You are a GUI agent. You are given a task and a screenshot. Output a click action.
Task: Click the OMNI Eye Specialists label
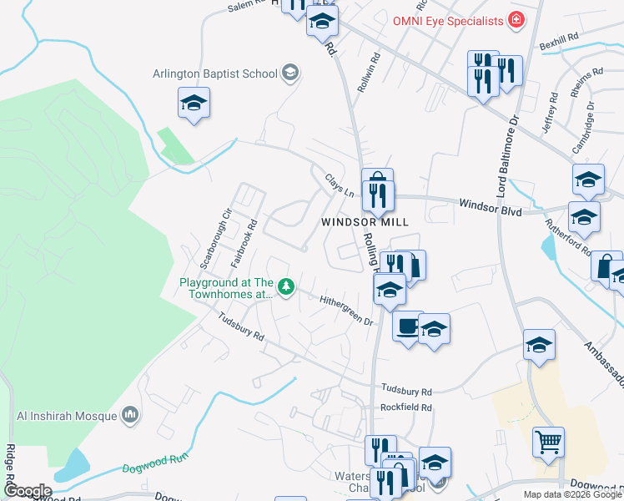[449, 20]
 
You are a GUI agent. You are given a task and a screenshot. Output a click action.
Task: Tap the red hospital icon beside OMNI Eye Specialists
[516, 19]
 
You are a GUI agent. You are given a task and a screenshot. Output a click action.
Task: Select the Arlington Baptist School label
[214, 73]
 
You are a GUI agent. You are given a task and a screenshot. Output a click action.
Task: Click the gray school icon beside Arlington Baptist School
[289, 73]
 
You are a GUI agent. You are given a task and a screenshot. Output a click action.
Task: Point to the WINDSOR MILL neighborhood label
[365, 222]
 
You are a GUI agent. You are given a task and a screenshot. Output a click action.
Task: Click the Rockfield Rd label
[406, 407]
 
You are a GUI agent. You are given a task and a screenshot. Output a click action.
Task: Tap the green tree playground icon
[286, 288]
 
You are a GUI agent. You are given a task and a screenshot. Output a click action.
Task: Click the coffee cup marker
[407, 326]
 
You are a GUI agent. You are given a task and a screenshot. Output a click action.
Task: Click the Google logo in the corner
[27, 491]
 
